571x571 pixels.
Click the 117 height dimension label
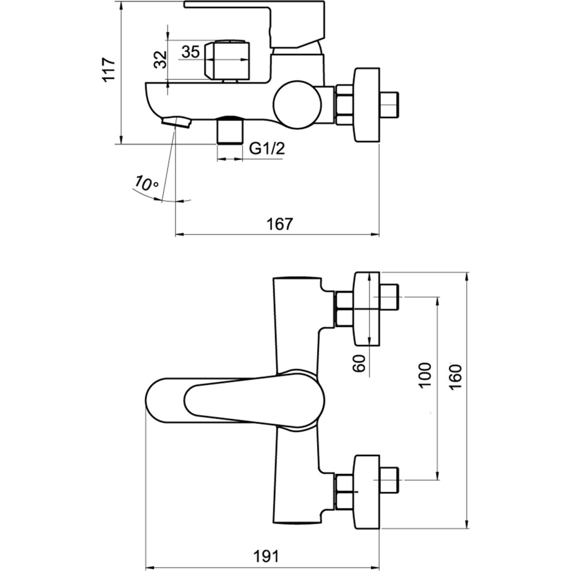point(108,69)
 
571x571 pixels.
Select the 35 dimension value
point(190,52)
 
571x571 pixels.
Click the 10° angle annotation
point(146,183)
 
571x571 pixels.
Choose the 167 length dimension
point(279,224)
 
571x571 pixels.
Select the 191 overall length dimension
point(266,556)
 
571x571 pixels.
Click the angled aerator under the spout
point(176,122)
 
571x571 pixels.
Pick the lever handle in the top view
point(251,400)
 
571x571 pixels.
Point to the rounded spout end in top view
point(162,400)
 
